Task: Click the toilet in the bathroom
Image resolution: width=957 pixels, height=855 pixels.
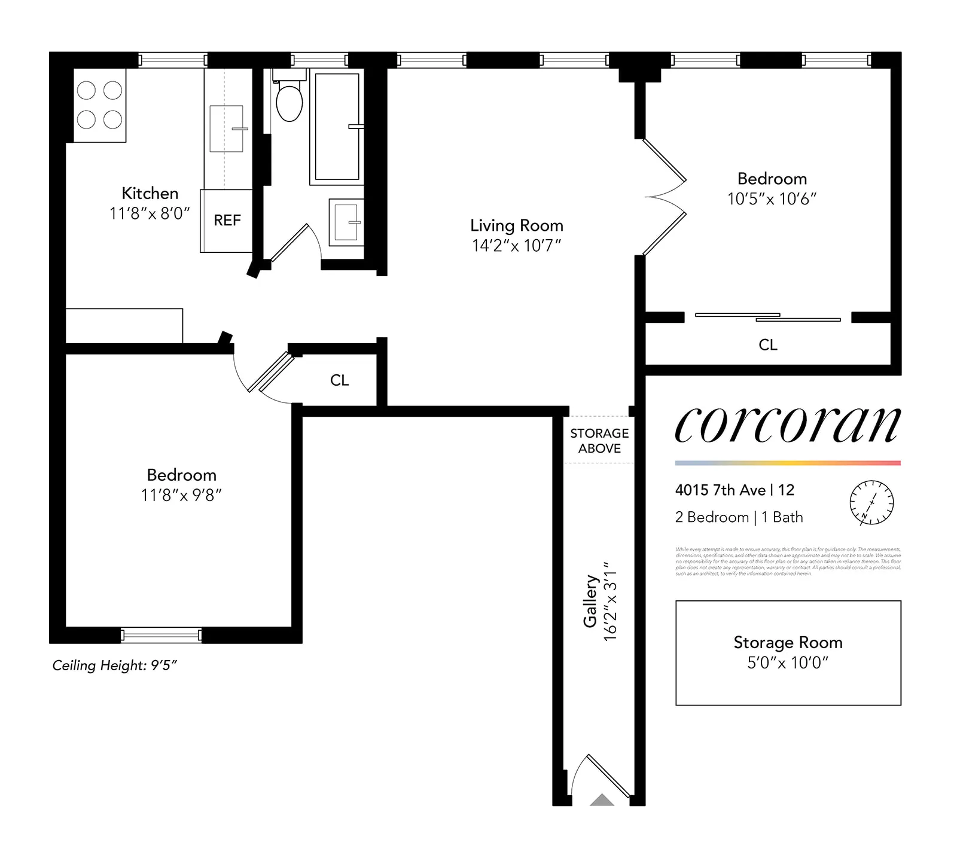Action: coord(289,102)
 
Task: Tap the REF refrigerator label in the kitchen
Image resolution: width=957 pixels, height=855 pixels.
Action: coord(227,220)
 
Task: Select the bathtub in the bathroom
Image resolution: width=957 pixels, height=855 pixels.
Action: coord(337,127)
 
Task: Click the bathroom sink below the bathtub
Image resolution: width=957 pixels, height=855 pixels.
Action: coord(346,222)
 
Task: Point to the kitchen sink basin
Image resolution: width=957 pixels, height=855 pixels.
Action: coord(226,129)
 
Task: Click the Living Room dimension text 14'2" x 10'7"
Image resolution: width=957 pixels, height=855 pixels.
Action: coord(516,246)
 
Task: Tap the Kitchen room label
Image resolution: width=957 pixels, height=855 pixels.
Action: coord(150,193)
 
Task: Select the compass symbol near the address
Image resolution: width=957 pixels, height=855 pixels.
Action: coord(871,502)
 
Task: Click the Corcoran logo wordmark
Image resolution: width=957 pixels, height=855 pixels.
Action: coord(787,426)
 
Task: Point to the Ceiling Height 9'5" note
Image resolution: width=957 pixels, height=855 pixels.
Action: coord(115,665)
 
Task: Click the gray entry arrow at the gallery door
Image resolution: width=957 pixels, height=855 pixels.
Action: coord(602,800)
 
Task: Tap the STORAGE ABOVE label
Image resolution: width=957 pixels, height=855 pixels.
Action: coord(599,441)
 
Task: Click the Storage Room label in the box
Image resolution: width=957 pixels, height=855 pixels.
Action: coord(788,642)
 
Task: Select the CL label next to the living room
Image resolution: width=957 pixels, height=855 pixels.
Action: coord(339,380)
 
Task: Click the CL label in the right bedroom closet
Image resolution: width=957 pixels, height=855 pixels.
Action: coord(767,345)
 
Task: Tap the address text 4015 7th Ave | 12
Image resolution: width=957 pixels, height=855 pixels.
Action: coord(734,490)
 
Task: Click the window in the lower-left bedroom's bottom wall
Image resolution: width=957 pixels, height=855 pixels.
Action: coord(161,635)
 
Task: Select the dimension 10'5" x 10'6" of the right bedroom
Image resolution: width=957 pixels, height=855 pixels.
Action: coord(772,199)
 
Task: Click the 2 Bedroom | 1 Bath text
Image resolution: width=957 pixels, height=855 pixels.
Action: coord(739,517)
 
